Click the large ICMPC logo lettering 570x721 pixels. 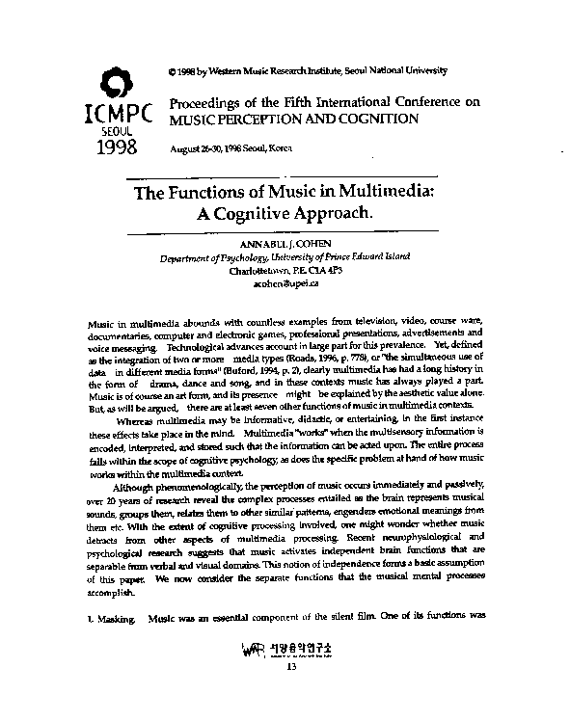pyautogui.click(x=118, y=110)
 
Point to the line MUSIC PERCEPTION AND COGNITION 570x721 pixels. pyautogui.click(x=294, y=120)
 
